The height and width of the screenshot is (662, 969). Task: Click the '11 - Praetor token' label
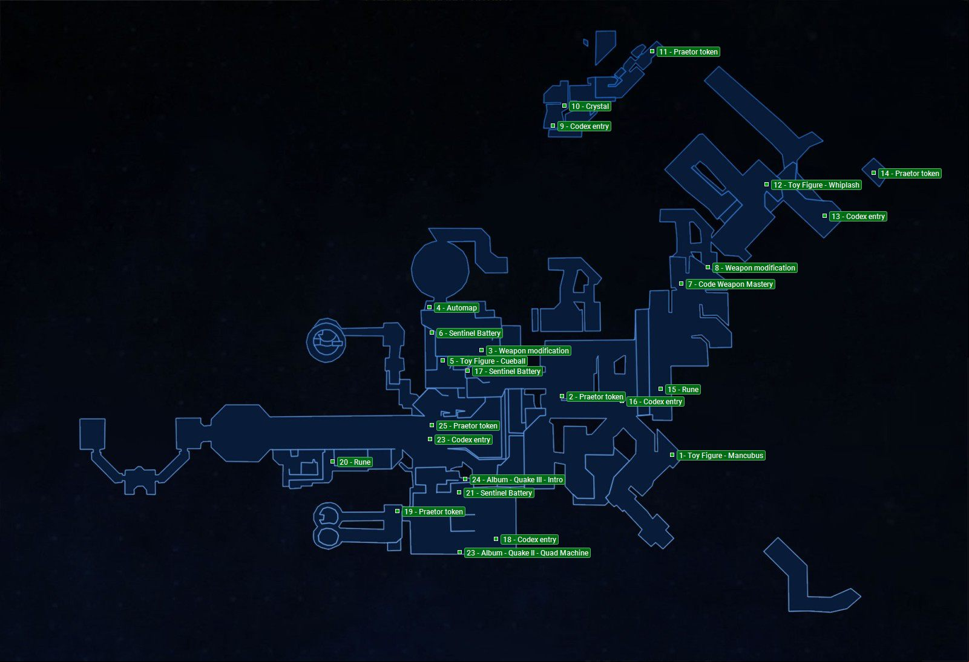point(688,52)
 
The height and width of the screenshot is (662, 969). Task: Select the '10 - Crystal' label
point(590,107)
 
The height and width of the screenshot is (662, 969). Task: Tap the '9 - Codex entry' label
point(585,126)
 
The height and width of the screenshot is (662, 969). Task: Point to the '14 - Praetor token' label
point(910,174)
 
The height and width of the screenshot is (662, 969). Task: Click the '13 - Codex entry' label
point(858,216)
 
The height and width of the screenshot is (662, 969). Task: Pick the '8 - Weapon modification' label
point(755,267)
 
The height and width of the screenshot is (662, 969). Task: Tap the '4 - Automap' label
point(456,308)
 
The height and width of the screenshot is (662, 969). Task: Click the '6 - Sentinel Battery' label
point(469,333)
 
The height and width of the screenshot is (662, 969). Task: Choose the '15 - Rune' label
point(683,390)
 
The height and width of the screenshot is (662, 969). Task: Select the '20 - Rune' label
point(355,462)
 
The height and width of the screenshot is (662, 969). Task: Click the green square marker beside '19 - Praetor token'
point(397,511)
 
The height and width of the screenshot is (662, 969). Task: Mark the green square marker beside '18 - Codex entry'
point(496,539)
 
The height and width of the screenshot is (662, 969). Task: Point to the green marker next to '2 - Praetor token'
point(562,396)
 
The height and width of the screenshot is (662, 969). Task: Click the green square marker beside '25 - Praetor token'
point(432,425)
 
